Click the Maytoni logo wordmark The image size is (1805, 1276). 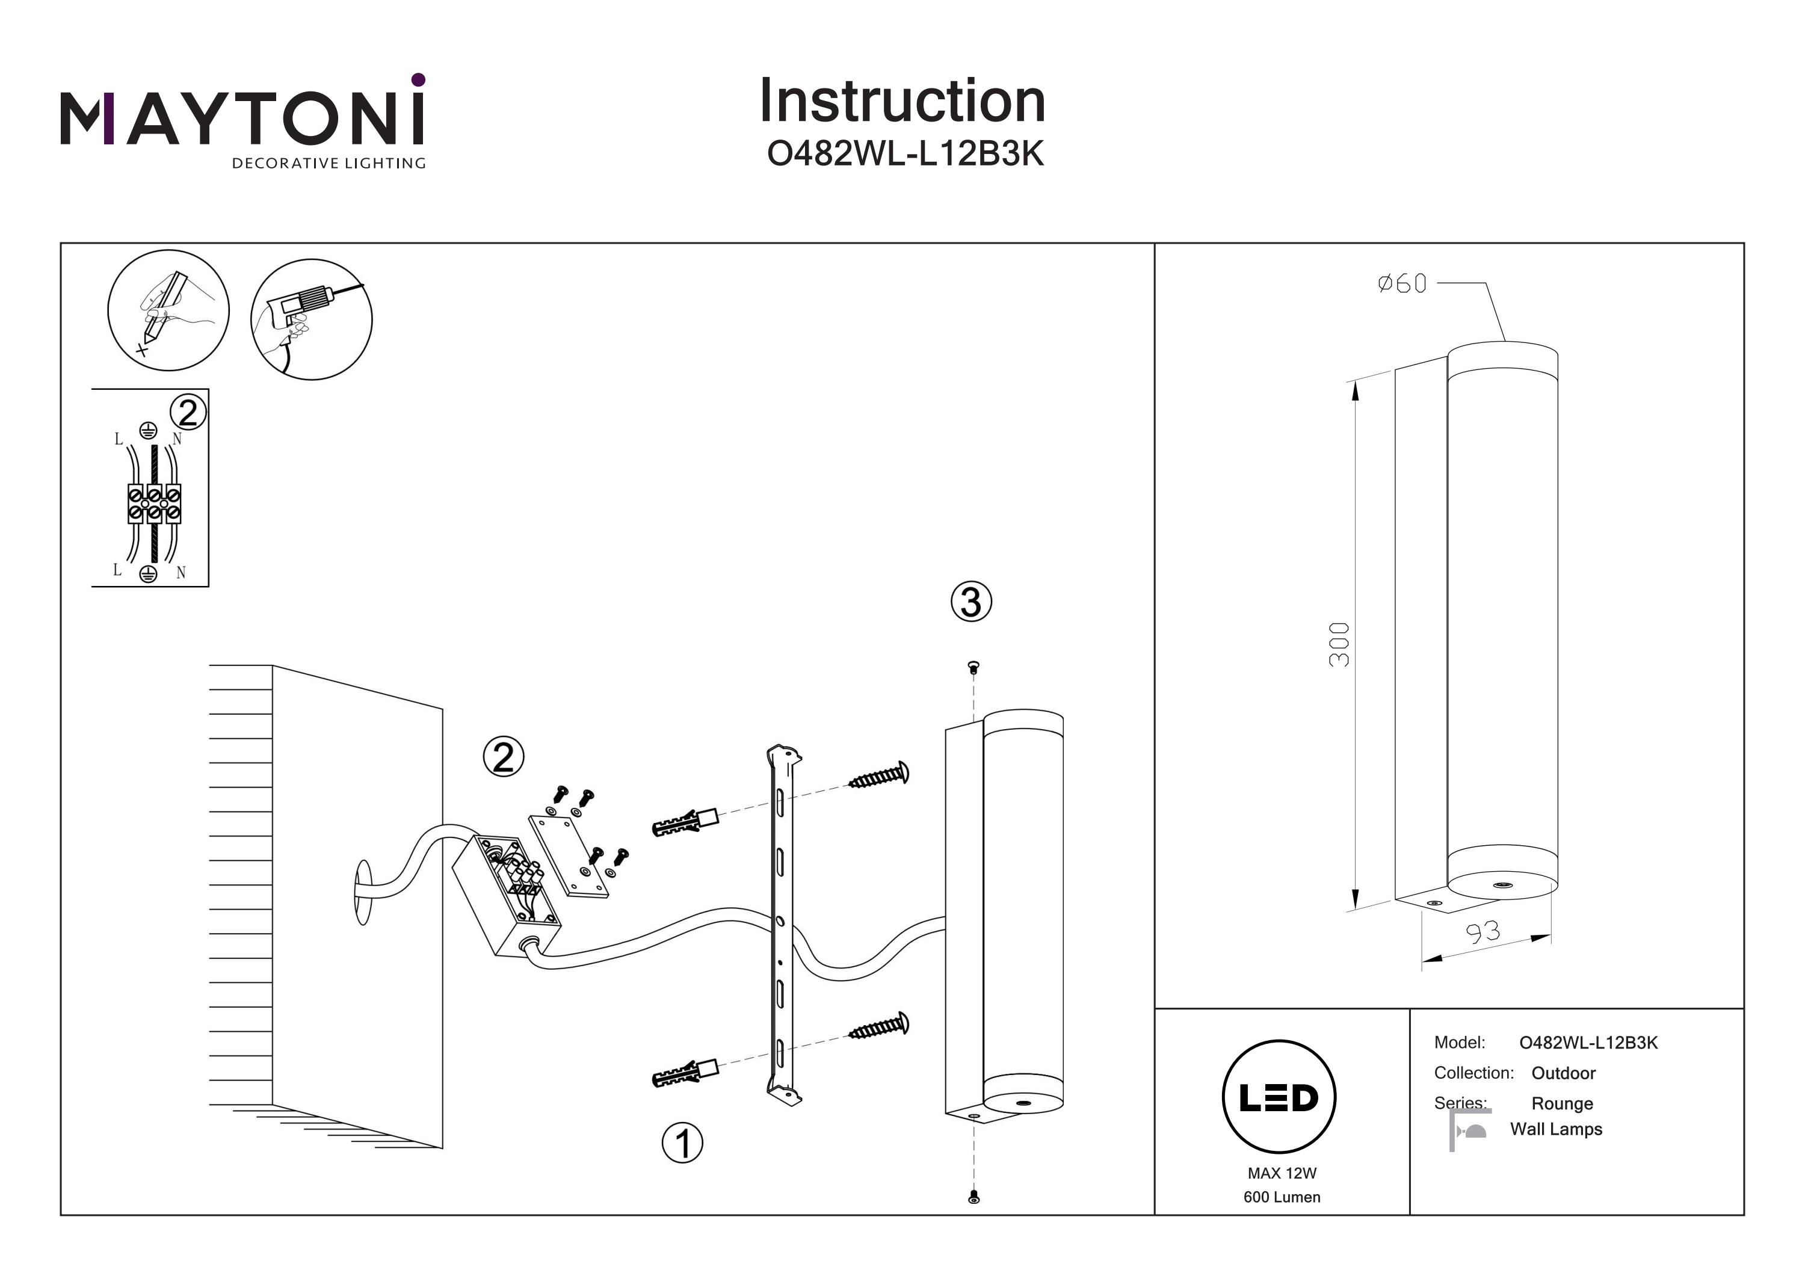pyautogui.click(x=242, y=118)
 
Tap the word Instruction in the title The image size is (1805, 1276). pyautogui.click(x=902, y=102)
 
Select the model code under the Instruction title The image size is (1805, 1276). pyautogui.click(x=905, y=155)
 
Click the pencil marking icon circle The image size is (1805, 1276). pyautogui.click(x=168, y=310)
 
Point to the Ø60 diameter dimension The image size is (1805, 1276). pyautogui.click(x=1402, y=283)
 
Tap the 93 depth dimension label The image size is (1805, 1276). pyautogui.click(x=1483, y=932)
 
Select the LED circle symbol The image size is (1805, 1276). pyautogui.click(x=1279, y=1097)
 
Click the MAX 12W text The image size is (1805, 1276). pyautogui.click(x=1282, y=1173)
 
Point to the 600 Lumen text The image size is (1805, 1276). pyautogui.click(x=1282, y=1197)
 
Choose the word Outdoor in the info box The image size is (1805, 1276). pyautogui.click(x=1563, y=1073)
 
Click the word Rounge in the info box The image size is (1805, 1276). pyautogui.click(x=1561, y=1104)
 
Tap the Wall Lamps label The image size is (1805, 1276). pyautogui.click(x=1556, y=1129)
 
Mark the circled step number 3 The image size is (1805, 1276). pyautogui.click(x=971, y=602)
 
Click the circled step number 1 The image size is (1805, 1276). pyautogui.click(x=682, y=1143)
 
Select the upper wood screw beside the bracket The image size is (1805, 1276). pyautogui.click(x=879, y=776)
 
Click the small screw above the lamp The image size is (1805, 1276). pyautogui.click(x=974, y=668)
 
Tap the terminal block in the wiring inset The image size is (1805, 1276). pyautogui.click(x=154, y=504)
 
